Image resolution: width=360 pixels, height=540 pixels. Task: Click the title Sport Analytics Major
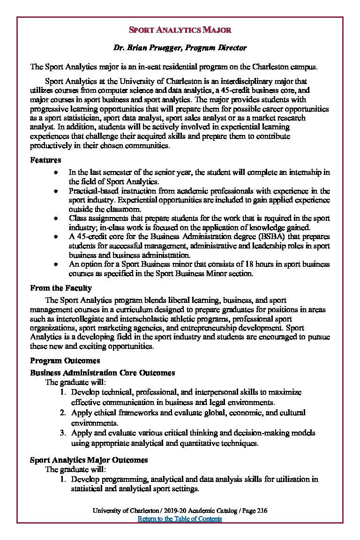pos(180,30)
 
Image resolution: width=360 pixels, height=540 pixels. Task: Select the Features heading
pos(45,160)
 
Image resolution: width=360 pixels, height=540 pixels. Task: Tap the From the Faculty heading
pos(60,288)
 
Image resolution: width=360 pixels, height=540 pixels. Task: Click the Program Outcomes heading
pos(65,360)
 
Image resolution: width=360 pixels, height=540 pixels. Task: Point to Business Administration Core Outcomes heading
pos(102,373)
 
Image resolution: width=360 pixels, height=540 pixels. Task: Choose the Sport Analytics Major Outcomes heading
pos(89,460)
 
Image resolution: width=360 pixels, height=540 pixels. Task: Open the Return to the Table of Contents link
pos(180,519)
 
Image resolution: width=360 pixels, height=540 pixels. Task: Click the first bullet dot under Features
pos(56,172)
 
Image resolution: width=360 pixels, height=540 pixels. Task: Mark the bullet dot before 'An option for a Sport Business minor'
pos(56,264)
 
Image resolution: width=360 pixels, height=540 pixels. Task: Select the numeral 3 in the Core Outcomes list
pos(62,433)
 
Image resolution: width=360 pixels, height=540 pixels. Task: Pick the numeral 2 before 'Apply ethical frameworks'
pos(62,412)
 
